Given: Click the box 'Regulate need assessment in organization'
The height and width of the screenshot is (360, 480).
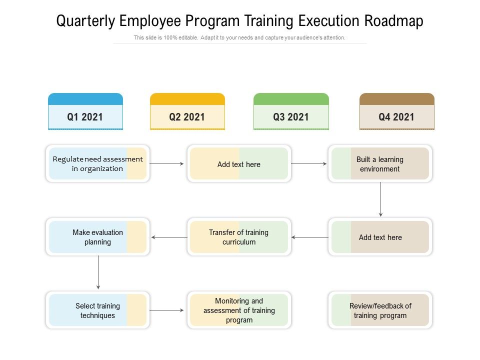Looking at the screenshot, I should [x=97, y=164].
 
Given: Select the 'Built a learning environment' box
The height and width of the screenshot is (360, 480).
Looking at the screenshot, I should [x=380, y=164].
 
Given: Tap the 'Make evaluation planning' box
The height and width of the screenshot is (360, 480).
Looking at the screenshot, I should [x=97, y=237].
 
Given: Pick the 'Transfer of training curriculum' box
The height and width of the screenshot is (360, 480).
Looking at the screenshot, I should [x=239, y=237].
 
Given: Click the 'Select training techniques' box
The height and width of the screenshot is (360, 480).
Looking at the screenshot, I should [x=97, y=310].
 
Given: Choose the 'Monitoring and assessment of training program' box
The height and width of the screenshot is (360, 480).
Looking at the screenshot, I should [x=239, y=310].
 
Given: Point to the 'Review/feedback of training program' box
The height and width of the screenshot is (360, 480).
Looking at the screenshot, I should [x=380, y=310].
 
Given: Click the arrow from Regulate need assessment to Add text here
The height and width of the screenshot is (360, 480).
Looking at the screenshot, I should [x=167, y=163].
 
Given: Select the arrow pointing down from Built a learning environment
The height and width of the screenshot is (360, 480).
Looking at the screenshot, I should [x=380, y=199].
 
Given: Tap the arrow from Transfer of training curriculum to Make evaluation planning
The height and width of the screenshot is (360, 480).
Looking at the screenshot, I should [x=169, y=237].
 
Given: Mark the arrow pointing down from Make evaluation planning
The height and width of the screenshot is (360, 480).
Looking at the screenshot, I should [x=98, y=272].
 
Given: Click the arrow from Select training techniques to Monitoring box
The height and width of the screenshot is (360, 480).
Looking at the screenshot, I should [x=167, y=310].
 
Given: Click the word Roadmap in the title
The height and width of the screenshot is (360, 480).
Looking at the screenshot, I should [x=394, y=21].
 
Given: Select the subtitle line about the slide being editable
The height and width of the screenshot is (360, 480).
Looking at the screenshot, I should [x=239, y=37].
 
